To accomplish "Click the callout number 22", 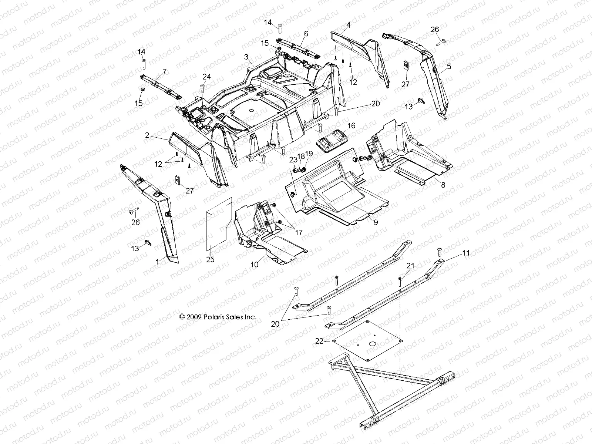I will tap(319, 341).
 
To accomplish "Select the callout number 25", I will tap(210, 259).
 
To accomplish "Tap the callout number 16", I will tap(351, 126).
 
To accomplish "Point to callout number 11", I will tap(465, 253).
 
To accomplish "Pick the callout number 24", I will tap(206, 77).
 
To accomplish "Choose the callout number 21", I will tap(411, 266).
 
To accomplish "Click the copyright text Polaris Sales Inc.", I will tap(218, 317).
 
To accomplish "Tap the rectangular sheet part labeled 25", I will tap(218, 226).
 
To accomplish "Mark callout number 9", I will tap(376, 222).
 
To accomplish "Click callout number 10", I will tap(255, 265).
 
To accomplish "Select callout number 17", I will tap(298, 233).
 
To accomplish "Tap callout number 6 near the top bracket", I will tap(306, 33).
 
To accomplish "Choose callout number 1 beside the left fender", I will tap(157, 261).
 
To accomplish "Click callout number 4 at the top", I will tap(348, 25).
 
